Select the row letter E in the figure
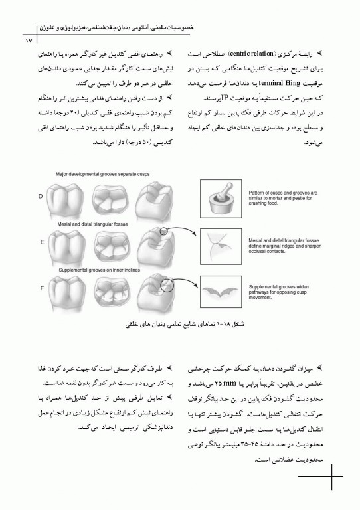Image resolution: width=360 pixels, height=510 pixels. (x=42, y=242)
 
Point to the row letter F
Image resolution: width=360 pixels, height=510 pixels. (x=42, y=289)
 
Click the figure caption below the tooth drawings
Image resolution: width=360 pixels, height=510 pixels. (x=180, y=325)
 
